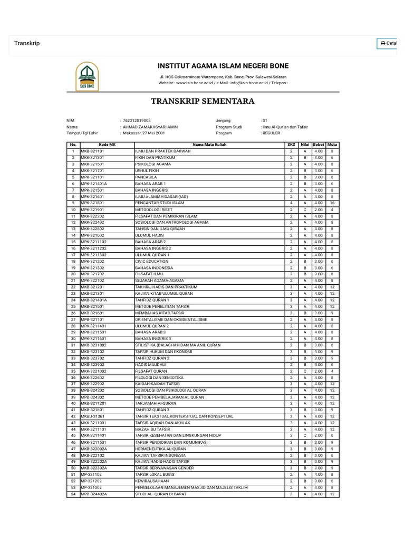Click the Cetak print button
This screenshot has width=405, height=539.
click(x=388, y=43)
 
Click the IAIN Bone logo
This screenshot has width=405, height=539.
click(x=88, y=76)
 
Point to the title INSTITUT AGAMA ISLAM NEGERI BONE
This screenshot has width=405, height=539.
click(x=224, y=66)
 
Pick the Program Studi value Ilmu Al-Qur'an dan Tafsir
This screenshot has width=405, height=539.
click(x=285, y=127)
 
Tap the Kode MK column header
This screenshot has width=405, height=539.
click(x=107, y=144)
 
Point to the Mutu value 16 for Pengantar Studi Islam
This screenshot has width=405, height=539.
click(x=332, y=203)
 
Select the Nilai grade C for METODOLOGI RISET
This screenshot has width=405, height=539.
click(x=305, y=210)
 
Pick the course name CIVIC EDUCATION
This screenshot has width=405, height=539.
click(x=152, y=261)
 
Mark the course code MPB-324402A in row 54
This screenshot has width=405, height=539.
click(x=94, y=494)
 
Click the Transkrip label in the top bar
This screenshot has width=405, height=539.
click(x=27, y=43)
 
